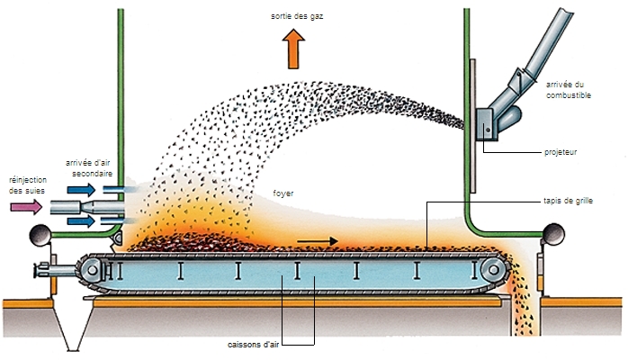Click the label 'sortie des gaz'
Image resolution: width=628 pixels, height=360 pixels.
295,16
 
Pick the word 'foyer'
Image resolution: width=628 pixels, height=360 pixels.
283,193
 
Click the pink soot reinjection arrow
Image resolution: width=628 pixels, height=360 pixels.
26,207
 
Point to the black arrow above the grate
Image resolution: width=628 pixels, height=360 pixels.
318,240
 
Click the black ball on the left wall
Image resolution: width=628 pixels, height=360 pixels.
40,236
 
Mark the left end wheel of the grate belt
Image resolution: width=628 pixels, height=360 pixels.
90,269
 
